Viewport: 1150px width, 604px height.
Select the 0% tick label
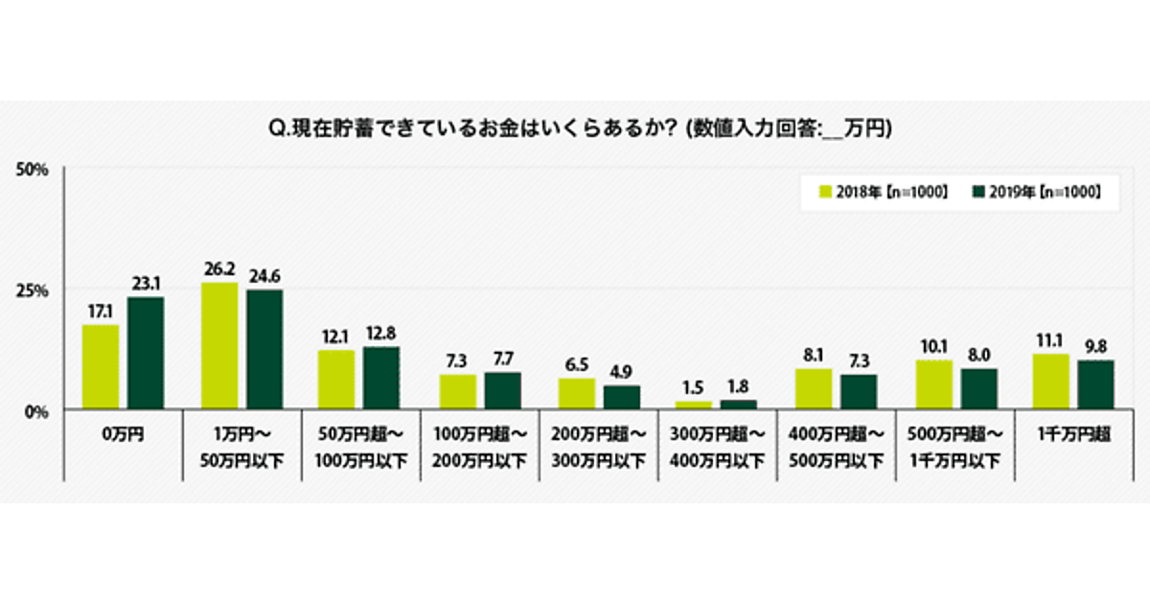[36, 411]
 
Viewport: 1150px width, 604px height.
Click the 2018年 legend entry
[883, 192]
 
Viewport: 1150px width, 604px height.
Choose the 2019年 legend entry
[1035, 192]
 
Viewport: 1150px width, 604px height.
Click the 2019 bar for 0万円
[146, 353]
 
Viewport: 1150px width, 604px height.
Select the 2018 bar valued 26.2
[219, 346]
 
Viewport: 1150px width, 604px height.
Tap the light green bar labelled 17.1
[101, 367]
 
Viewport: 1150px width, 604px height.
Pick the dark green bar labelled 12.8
[381, 379]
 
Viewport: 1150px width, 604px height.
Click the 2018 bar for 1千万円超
[1052, 382]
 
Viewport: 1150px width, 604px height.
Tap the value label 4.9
[623, 370]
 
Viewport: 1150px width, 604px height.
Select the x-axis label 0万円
[122, 434]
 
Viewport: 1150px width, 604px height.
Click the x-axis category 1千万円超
[1074, 434]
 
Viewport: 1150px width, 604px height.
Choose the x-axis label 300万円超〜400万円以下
[717, 448]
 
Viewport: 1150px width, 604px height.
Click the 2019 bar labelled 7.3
[859, 392]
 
